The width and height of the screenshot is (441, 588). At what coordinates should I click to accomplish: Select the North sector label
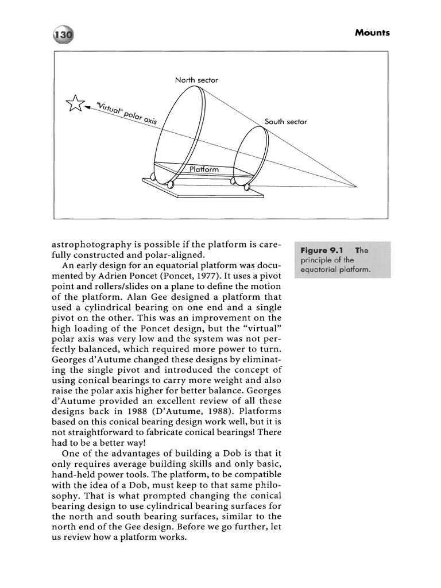click(196, 80)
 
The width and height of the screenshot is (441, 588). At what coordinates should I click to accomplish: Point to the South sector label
click(286, 122)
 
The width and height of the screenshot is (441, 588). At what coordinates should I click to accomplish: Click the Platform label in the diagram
click(204, 169)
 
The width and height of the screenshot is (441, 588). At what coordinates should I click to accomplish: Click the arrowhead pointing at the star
click(88, 106)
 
